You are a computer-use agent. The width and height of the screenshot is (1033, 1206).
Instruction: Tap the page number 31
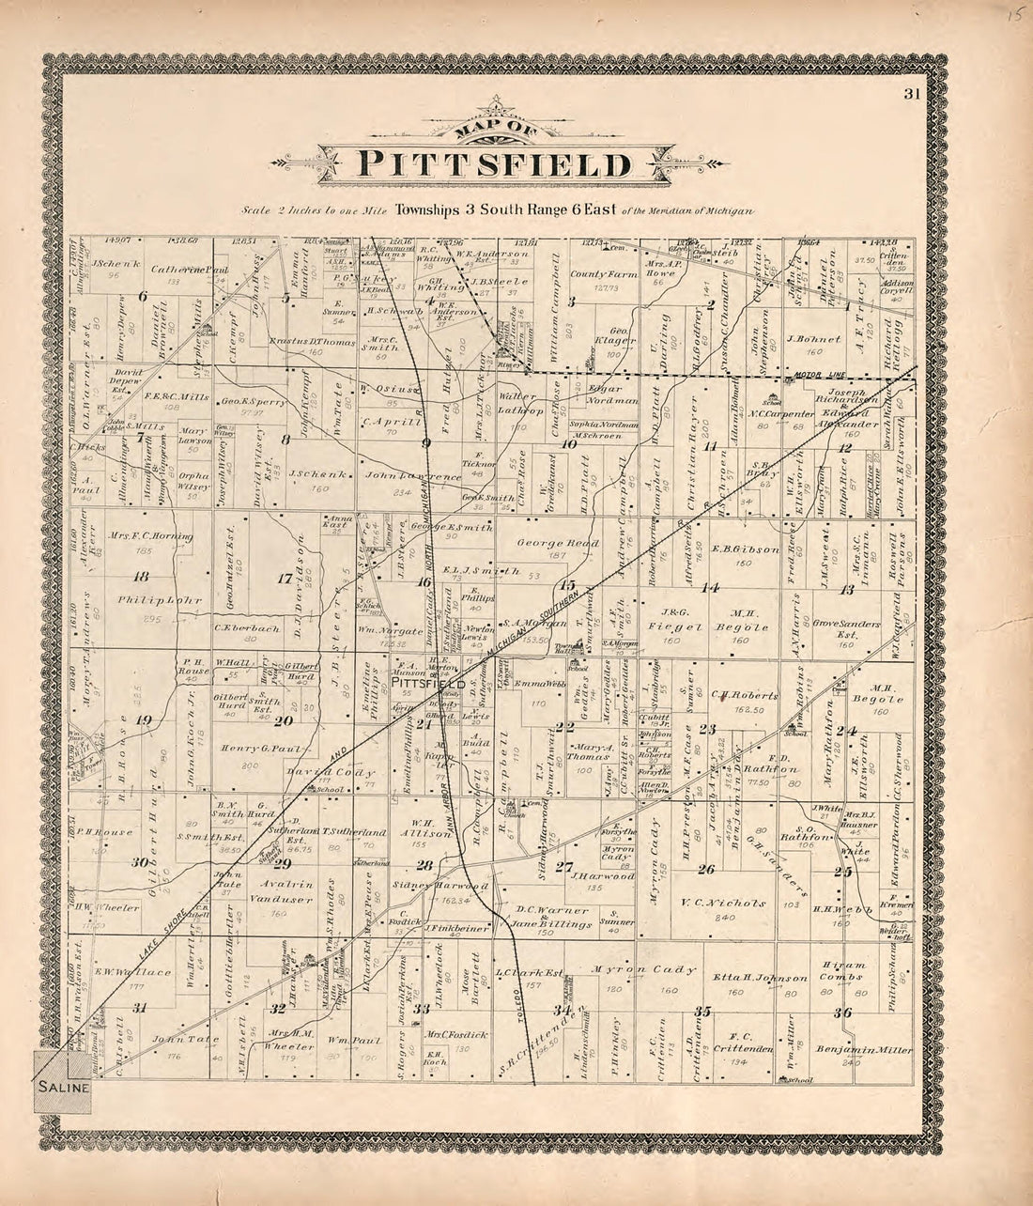point(911,93)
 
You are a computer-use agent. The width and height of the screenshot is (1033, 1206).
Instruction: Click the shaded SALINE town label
point(64,1088)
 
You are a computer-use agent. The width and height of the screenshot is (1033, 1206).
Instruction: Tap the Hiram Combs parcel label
point(842,971)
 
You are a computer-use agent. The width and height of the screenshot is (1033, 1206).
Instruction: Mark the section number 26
point(707,869)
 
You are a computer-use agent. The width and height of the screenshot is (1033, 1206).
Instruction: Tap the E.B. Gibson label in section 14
point(746,549)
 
